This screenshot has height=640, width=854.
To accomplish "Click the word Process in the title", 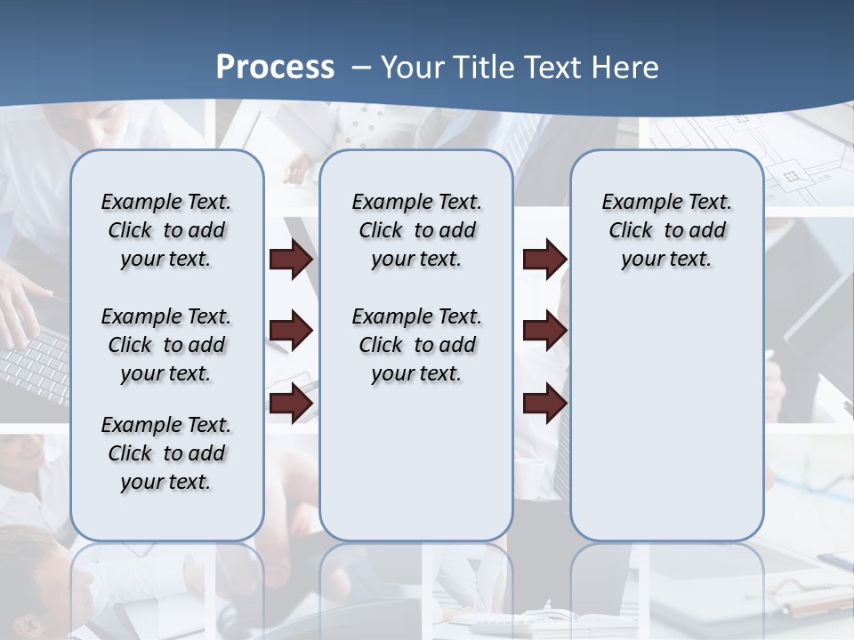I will click(275, 68).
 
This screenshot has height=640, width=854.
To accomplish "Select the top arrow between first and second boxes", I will click(291, 260).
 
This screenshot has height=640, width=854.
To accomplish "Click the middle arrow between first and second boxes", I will click(291, 332).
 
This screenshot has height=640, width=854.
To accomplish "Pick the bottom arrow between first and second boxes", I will click(291, 403).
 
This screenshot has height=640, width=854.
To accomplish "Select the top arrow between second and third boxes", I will click(544, 260).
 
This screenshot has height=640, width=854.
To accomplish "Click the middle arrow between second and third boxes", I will click(544, 332).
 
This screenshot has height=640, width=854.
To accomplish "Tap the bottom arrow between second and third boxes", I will click(544, 403).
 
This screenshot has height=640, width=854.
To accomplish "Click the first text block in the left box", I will click(165, 230).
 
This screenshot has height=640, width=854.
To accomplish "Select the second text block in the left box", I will click(165, 345).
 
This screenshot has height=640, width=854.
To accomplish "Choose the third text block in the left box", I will click(165, 453).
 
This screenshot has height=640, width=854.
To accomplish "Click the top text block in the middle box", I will click(416, 230).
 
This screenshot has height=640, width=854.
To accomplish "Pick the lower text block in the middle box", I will click(416, 345).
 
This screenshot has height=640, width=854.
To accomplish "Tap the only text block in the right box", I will click(666, 230).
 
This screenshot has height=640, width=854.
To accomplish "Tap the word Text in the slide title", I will click(553, 68).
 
